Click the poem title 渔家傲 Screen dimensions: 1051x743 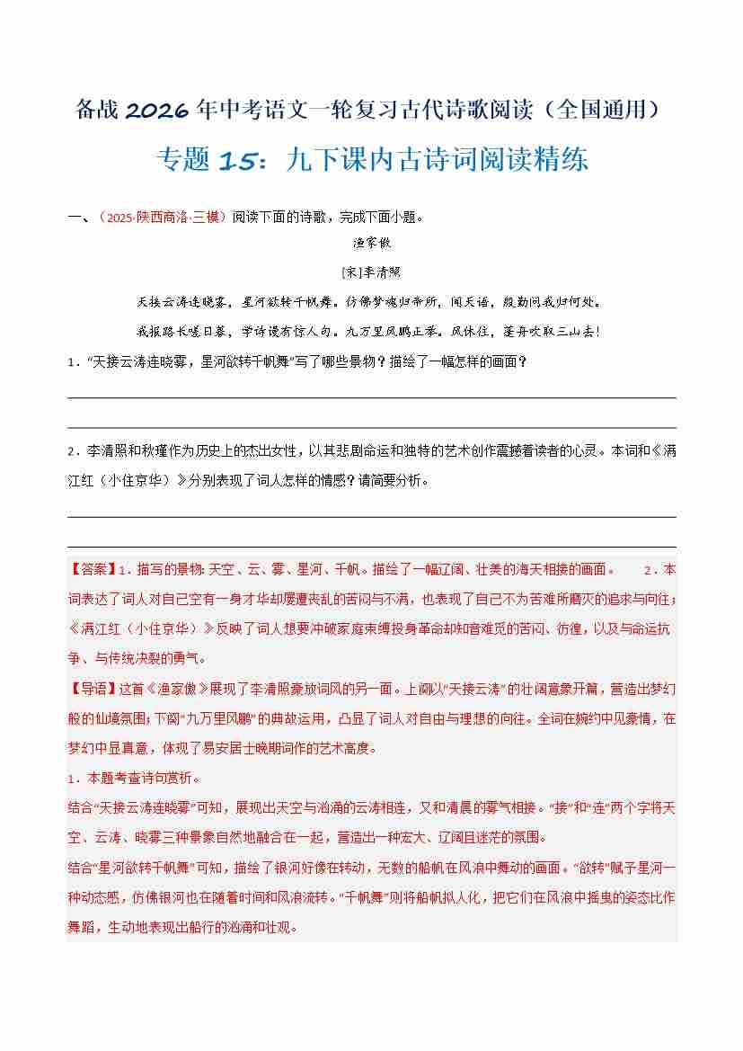(x=372, y=243)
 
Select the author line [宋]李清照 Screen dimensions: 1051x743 (x=372, y=272)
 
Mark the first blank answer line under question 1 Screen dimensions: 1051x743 (x=372, y=397)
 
